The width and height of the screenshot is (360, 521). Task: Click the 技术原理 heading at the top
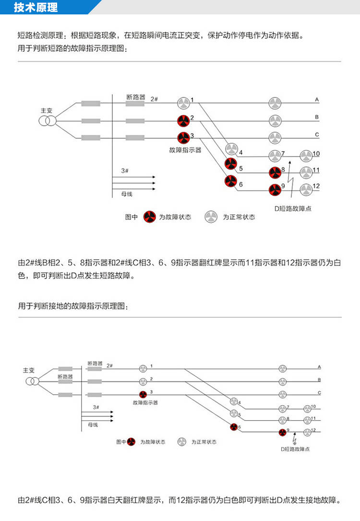click(x=36, y=7)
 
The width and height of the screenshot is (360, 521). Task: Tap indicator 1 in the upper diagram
click(x=183, y=103)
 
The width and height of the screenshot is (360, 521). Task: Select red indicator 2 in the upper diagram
click(x=183, y=121)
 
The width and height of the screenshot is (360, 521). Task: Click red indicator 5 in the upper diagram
click(x=230, y=163)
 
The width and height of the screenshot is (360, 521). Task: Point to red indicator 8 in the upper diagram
click(x=275, y=172)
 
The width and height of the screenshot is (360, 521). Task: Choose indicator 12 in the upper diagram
click(x=306, y=189)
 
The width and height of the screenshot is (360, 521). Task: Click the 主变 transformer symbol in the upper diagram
click(x=48, y=121)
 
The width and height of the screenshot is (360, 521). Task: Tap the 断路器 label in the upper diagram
click(x=136, y=97)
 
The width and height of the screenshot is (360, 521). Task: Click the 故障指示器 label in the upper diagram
click(x=185, y=150)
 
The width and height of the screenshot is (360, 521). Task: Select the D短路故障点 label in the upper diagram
click(x=293, y=208)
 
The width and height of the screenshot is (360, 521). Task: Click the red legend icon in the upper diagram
click(x=149, y=217)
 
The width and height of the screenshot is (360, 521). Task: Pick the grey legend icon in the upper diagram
click(x=211, y=217)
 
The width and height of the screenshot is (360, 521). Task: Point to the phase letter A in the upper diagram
click(x=317, y=99)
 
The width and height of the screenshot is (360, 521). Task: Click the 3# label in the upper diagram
click(x=124, y=170)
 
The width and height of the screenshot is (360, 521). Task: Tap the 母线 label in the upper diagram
click(x=127, y=194)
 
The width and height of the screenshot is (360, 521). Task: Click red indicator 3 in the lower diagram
click(x=143, y=394)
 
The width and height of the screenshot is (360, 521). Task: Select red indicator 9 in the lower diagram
click(x=282, y=432)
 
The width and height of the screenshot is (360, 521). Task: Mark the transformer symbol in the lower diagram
click(x=32, y=381)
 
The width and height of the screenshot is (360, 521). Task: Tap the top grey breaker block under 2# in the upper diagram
click(x=135, y=103)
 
